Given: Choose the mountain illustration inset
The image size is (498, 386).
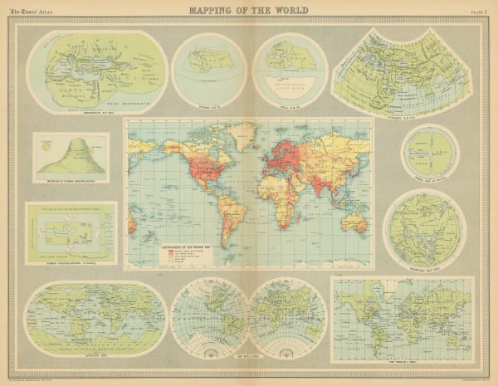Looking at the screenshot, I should pos(71,156).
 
